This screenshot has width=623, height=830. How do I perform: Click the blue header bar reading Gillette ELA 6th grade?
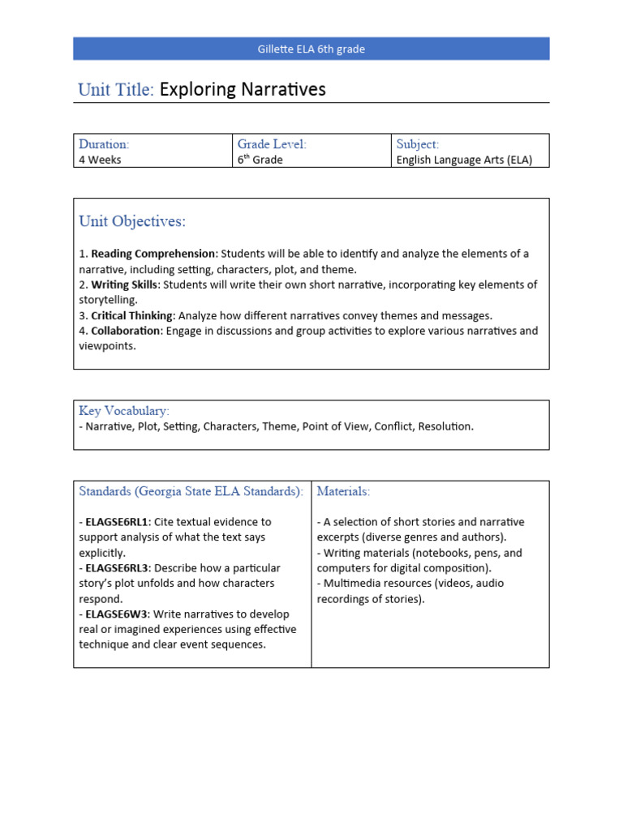(x=311, y=49)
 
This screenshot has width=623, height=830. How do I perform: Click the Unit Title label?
(x=115, y=90)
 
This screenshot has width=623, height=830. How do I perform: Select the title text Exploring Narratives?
(x=243, y=90)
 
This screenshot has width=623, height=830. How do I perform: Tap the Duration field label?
(x=104, y=144)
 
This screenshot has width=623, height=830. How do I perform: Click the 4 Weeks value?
(x=100, y=160)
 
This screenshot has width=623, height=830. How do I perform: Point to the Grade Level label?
(x=272, y=144)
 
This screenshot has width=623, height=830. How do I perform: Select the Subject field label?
(x=417, y=144)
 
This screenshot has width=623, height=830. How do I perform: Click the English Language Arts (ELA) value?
(x=464, y=160)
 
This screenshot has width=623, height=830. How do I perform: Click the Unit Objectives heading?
(x=132, y=221)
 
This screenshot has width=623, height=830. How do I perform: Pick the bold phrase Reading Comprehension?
(x=153, y=254)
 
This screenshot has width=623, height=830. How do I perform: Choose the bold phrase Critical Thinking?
(x=132, y=315)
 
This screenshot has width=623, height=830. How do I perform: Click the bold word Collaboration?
(x=127, y=331)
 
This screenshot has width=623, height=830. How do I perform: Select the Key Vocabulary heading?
(x=124, y=411)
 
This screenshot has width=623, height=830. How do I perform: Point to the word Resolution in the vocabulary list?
(x=445, y=426)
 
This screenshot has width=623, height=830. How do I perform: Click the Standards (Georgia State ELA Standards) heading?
(x=191, y=491)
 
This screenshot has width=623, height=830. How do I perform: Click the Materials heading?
(x=343, y=491)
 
